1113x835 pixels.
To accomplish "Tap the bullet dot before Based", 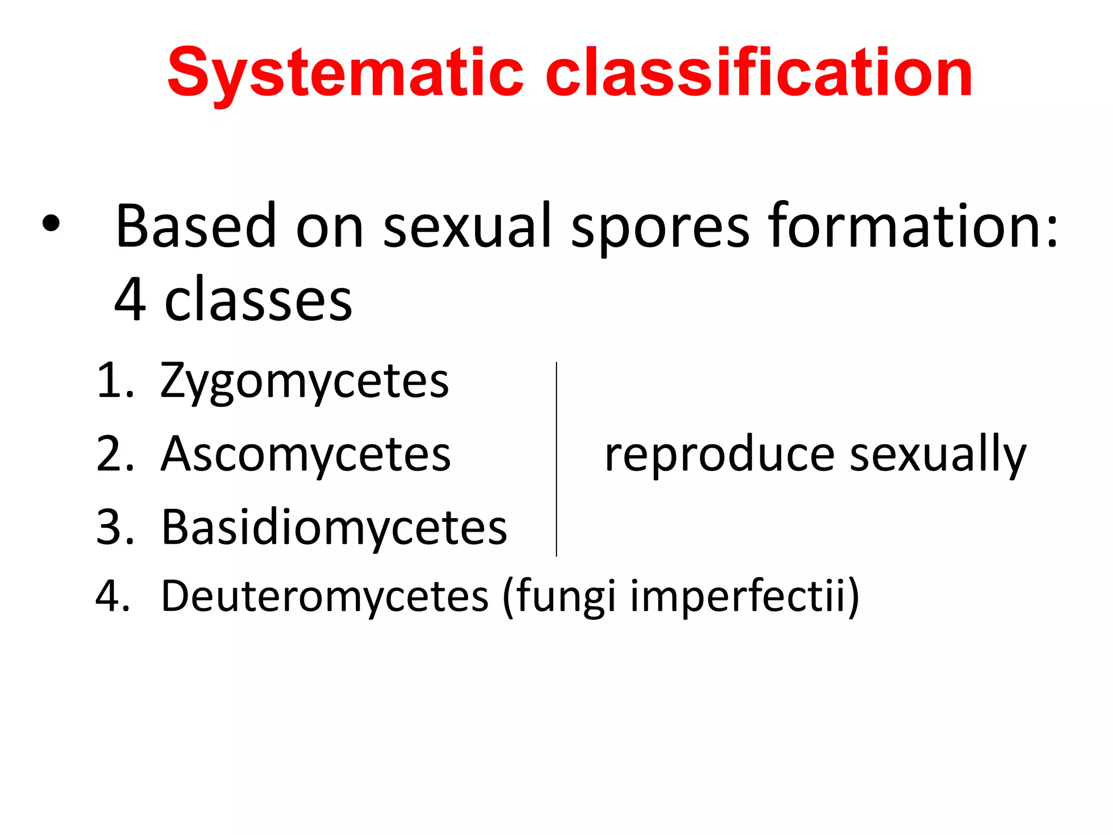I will tap(50, 225).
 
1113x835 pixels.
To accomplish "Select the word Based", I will tap(196, 226).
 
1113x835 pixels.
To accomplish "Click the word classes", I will tap(258, 300).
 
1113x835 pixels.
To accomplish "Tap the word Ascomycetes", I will tap(305, 454).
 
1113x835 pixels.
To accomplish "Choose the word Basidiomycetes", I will tap(334, 527).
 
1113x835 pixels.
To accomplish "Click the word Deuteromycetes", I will tap(324, 596).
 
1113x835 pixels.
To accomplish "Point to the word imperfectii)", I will tap(745, 596).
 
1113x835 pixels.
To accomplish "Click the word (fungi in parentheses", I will tap(560, 596).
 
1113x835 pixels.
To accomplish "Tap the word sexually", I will tap(937, 456).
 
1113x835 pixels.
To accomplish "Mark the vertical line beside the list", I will tap(556, 459).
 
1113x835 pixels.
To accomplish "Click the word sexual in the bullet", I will tap(467, 226).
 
